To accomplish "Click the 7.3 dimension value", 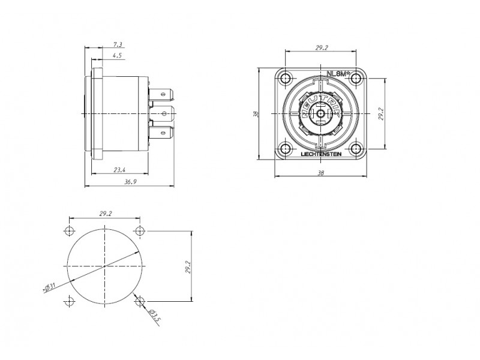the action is pos(118,44).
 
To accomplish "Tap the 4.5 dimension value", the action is pos(117,55).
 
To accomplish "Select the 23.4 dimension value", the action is pos(119,170).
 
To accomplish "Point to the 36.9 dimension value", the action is pos(130,182).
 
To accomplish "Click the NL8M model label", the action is pos(338,74).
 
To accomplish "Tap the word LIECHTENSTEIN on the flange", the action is pos(321,154).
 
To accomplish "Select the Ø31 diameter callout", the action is pos(50,287).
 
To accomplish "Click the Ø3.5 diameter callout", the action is pos(155,316).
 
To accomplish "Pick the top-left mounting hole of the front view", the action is pos(286,79).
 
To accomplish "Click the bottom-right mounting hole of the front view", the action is pos(356,149).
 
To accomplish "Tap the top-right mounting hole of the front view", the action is pos(356,79).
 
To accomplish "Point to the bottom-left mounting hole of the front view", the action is pos(286,149).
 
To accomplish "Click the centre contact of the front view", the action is pos(320,114).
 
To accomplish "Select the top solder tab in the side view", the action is pos(161,94).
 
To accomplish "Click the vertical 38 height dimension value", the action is pos(256,114).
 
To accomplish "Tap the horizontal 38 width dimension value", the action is pos(320,173).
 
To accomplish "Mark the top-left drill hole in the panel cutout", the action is pos(70,230).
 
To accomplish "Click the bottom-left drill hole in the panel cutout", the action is pos(70,302).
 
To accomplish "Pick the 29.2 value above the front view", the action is pos(322,48).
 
